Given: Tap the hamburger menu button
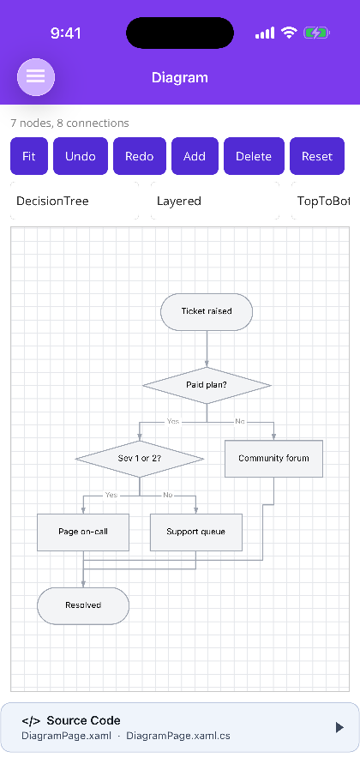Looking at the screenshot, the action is pos(36,77).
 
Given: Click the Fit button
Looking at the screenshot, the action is pos(29,156).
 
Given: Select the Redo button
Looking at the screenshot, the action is pos(140,156).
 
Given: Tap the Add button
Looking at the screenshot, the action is pos(195,156).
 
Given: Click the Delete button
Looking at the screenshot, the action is pos(254,156).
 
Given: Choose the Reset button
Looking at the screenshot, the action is pos(317,156).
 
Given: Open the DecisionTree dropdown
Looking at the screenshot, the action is pos(75,201).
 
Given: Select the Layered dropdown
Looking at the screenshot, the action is pos(215,201).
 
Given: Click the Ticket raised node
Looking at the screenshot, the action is pos(207,312).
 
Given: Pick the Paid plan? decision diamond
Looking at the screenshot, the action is pos(207,385).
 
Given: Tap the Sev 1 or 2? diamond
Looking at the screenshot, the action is pos(140,459).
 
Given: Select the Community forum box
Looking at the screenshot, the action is pos(273,459).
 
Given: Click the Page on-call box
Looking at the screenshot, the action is pos(83,532).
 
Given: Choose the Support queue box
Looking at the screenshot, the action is pos(196,532).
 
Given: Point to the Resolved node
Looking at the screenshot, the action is pos(83,605).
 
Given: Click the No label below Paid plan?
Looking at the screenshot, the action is pos(240,421).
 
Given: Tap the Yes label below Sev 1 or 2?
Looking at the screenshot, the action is pos(111,495).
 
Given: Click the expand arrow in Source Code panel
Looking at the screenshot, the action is pos(339,727).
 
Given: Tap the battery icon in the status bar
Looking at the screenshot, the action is pos(316,33).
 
